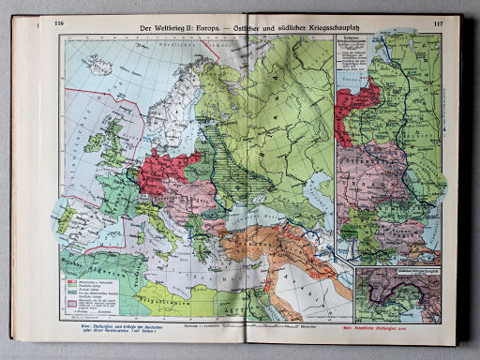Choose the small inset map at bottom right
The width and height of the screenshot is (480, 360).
point(404,291)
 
